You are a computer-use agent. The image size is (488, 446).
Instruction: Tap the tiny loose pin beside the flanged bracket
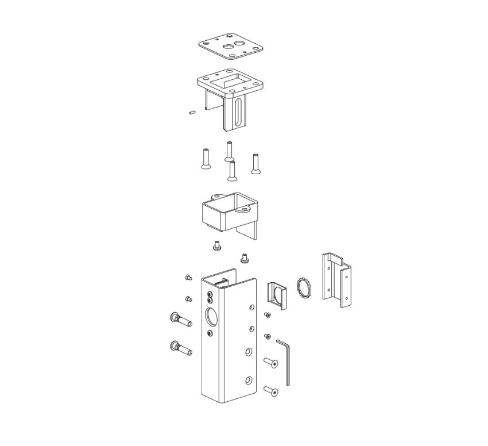(x=192, y=112)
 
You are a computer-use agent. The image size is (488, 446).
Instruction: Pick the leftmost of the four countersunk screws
(x=205, y=159)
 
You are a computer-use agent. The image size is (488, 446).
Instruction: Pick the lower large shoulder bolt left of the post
(x=180, y=348)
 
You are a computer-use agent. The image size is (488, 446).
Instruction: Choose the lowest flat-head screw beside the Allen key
(x=272, y=391)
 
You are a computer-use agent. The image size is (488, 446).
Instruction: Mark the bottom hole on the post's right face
(x=248, y=380)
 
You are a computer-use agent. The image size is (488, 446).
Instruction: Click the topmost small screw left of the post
(x=188, y=278)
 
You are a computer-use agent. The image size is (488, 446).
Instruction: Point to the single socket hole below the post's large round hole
(x=210, y=333)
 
